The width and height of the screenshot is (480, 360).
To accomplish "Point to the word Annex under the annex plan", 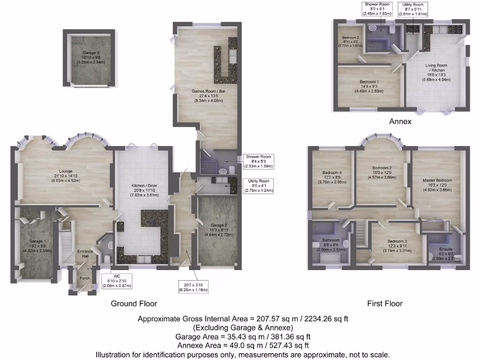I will tap(400, 121).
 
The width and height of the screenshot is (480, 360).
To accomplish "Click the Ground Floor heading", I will tap(134, 304).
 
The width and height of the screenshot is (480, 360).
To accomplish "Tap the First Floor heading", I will tap(384, 304).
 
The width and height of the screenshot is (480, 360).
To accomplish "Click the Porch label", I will tap(84, 278).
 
